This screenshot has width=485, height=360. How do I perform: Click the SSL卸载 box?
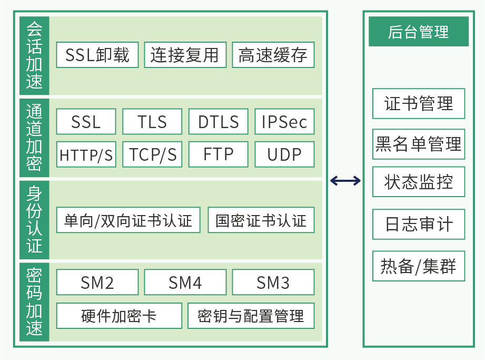(97, 55)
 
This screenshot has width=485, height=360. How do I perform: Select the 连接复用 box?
(185, 55)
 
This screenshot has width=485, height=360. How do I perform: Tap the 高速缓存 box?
(273, 55)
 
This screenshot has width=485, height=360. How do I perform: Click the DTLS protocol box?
(218, 122)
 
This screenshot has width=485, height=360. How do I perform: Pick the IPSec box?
(284, 122)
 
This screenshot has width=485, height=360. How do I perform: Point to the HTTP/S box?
(86, 154)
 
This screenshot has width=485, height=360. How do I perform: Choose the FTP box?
(218, 154)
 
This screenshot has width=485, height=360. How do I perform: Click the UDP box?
(284, 154)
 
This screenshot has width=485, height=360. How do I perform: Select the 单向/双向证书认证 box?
(128, 220)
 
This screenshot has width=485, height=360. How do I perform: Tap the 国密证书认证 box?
(261, 220)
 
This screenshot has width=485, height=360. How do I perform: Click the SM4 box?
(185, 283)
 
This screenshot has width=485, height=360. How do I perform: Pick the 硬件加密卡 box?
(119, 316)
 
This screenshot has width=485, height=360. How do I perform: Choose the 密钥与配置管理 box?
(251, 316)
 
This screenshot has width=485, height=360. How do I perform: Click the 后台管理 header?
(419, 32)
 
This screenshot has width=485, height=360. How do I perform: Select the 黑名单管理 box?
(419, 144)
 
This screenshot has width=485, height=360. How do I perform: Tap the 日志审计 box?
(419, 225)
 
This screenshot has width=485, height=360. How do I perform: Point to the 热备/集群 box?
(419, 266)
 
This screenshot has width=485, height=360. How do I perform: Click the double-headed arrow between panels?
(345, 181)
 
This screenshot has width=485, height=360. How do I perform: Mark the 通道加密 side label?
(34, 138)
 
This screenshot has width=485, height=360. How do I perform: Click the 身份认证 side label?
(34, 220)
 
